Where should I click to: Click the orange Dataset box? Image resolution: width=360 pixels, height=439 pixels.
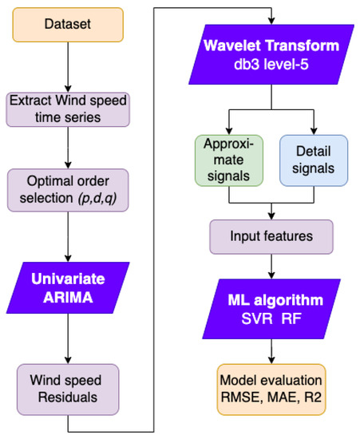click(69, 26)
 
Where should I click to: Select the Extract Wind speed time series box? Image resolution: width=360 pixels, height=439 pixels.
click(69, 110)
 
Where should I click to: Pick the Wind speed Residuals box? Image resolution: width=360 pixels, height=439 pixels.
click(69, 384)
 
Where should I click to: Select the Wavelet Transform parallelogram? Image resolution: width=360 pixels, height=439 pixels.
click(272, 58)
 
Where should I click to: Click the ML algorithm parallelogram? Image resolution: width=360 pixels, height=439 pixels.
click(272, 308)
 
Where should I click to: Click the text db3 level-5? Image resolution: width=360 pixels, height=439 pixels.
click(273, 69)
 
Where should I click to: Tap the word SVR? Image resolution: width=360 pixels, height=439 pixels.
click(256, 318)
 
